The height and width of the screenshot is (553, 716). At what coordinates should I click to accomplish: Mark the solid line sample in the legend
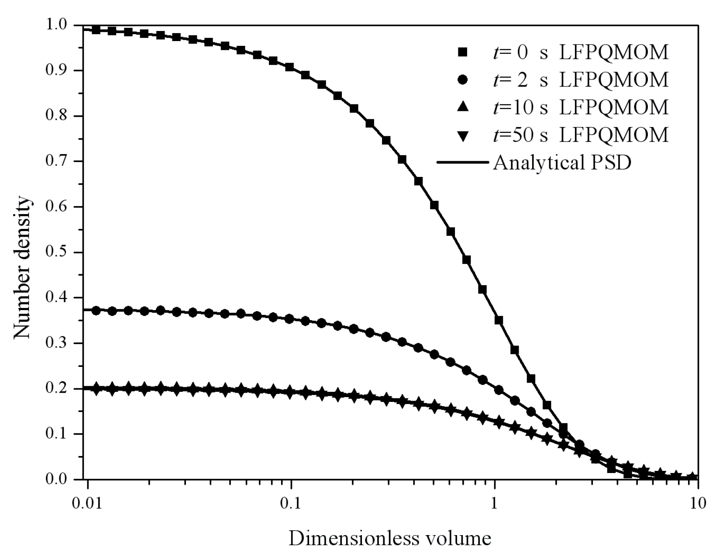click(x=462, y=163)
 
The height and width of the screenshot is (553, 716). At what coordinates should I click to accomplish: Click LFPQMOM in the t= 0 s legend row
click(x=614, y=52)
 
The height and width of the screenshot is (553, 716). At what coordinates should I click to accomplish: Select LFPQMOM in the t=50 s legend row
click(x=614, y=135)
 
